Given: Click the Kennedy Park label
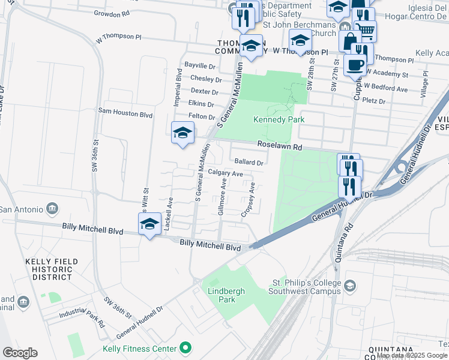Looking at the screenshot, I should point(279,119).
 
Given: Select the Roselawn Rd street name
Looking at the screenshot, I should point(279,145).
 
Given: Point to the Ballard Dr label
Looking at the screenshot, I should point(249,162).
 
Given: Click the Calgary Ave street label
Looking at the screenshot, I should point(225,173).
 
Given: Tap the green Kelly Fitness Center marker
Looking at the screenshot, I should point(186,348).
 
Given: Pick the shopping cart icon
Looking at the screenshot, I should point(365,30).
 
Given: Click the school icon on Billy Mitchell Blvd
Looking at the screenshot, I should point(149,224).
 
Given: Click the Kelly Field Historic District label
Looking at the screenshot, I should point(49,270).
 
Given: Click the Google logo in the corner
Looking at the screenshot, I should point(20,353).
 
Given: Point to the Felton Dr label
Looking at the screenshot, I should point(202,116).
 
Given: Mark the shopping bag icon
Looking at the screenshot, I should point(349,41).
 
